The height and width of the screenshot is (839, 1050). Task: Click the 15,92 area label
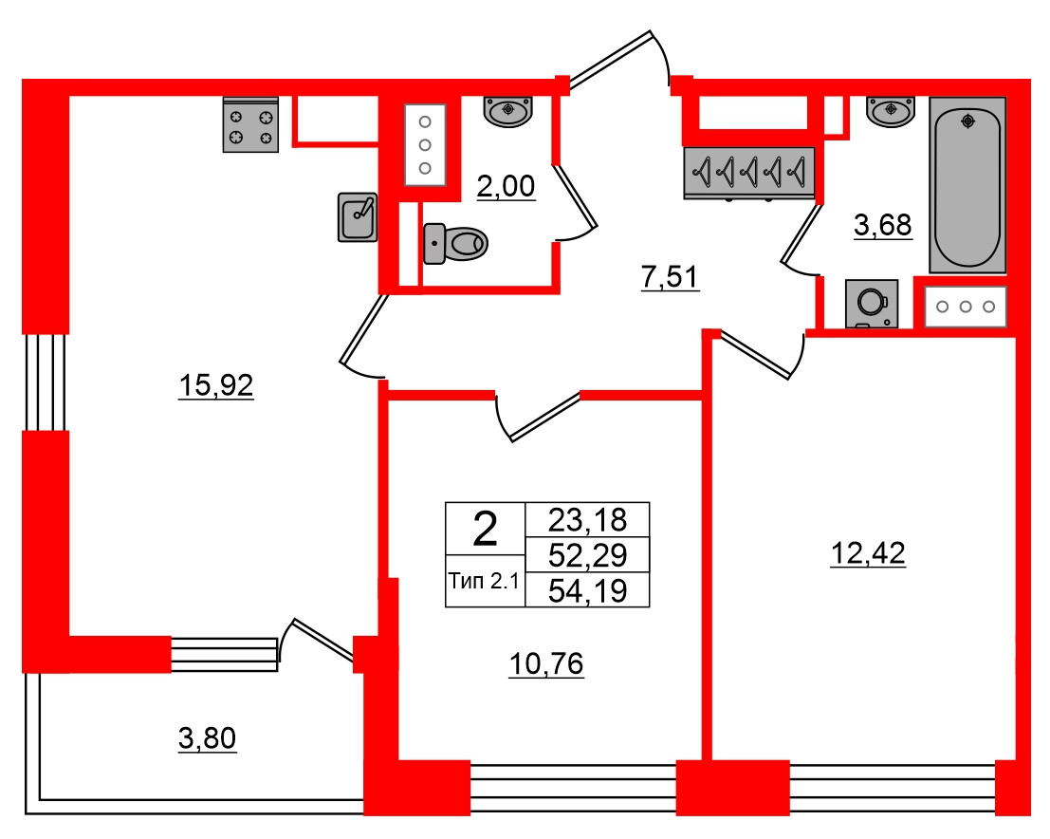(x=215, y=385)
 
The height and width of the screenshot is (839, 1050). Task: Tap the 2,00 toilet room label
(x=506, y=186)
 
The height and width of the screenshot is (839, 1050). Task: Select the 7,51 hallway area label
(x=670, y=277)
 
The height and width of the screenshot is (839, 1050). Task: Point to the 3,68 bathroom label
(x=883, y=225)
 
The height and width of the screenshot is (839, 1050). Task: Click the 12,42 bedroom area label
(x=868, y=553)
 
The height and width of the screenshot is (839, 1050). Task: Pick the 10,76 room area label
(x=546, y=664)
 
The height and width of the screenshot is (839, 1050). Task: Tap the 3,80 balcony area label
(x=207, y=738)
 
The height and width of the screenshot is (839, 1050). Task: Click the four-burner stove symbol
(x=250, y=125)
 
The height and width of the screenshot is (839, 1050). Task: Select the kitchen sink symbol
(x=358, y=216)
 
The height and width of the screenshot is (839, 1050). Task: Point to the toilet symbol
(x=455, y=243)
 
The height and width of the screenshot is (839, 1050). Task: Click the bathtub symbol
(x=967, y=186)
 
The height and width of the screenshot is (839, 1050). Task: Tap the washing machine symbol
(x=872, y=304)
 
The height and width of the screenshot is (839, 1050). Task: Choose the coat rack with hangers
(x=749, y=173)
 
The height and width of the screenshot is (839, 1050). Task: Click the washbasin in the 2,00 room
(x=508, y=111)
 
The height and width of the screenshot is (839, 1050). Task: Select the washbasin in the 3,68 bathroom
(x=891, y=111)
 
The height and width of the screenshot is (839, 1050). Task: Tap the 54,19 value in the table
(x=587, y=590)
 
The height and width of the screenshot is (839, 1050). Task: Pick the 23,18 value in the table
(x=587, y=519)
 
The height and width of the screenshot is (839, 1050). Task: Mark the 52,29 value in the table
(x=587, y=555)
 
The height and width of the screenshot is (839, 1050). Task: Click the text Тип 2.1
(x=484, y=581)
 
